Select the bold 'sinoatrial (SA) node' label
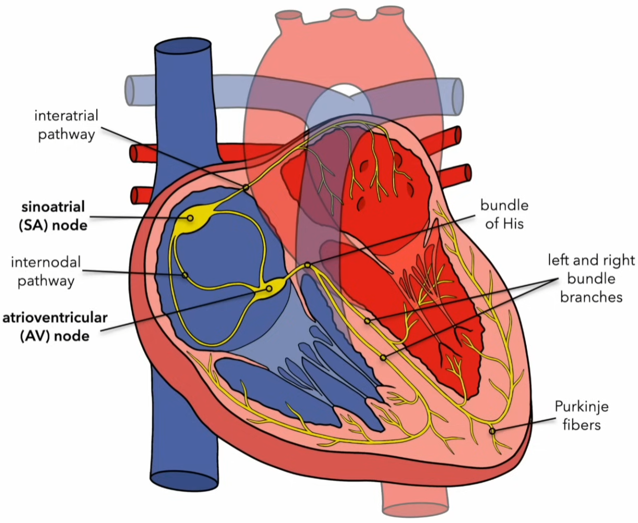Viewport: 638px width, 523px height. pyautogui.click(x=53, y=216)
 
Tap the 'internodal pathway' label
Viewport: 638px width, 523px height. pyautogui.click(x=46, y=271)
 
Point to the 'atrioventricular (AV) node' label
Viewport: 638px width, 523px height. pyautogui.click(x=55, y=326)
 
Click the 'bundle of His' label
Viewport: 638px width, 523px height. pyautogui.click(x=504, y=214)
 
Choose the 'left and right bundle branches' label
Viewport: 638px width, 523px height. pyautogui.click(x=591, y=278)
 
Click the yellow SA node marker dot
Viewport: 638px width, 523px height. pyautogui.click(x=190, y=218)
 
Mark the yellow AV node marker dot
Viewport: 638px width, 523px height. pyautogui.click(x=269, y=289)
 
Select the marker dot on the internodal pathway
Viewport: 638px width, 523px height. pyautogui.click(x=184, y=275)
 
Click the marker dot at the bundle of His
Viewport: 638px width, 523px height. pyautogui.click(x=308, y=265)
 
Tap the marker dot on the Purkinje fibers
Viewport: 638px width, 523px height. pyautogui.click(x=492, y=431)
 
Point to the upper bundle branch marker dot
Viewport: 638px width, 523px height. pyautogui.click(x=367, y=321)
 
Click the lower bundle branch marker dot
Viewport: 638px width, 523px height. pyautogui.click(x=383, y=357)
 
